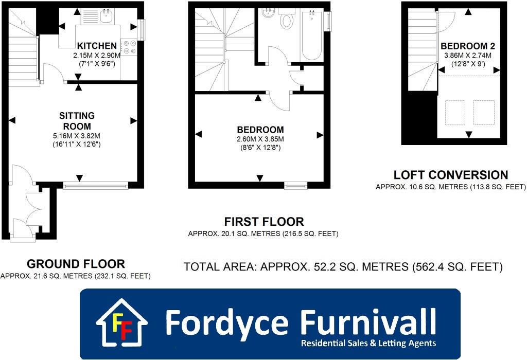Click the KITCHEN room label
pyautogui.click(x=97, y=46)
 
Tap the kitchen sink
pyautogui.click(x=107, y=16)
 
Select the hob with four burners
pyautogui.click(x=129, y=47)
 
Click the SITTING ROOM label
pyautogui.click(x=77, y=121)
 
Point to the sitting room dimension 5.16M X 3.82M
pyautogui.click(x=77, y=136)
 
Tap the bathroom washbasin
pyautogui.click(x=268, y=13)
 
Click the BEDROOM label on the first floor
pyautogui.click(x=260, y=130)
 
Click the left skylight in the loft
pyautogui.click(x=454, y=112)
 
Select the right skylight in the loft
pyautogui.click(x=483, y=112)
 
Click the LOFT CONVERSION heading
pyautogui.click(x=450, y=175)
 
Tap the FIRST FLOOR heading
pyautogui.click(x=263, y=222)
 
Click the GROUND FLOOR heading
pyautogui.click(x=76, y=264)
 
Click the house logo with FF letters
pyautogui.click(x=122, y=322)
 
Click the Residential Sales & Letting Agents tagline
pyautogui.click(x=368, y=343)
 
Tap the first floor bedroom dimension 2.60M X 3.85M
pyautogui.click(x=260, y=139)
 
